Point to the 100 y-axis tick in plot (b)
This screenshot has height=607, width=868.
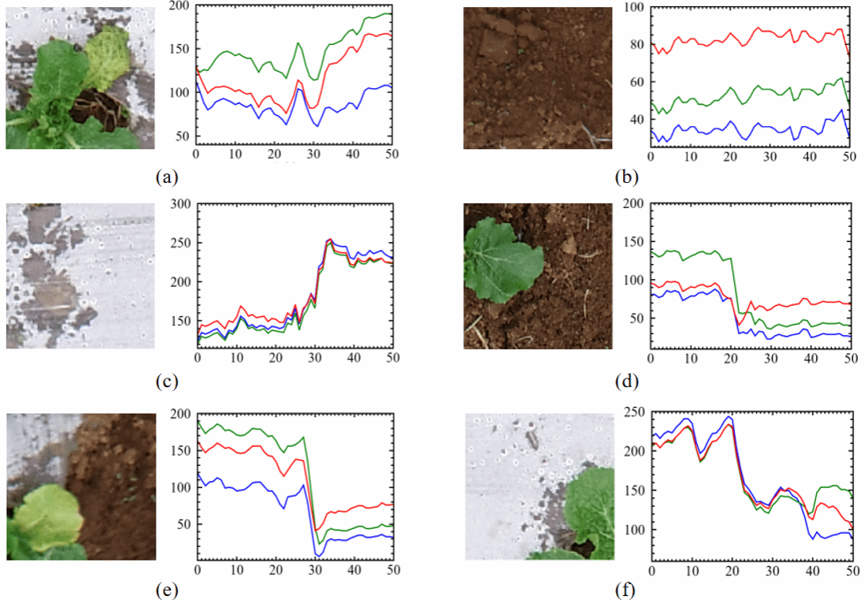[x=635, y=7]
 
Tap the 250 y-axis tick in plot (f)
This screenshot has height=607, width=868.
[x=635, y=412]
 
